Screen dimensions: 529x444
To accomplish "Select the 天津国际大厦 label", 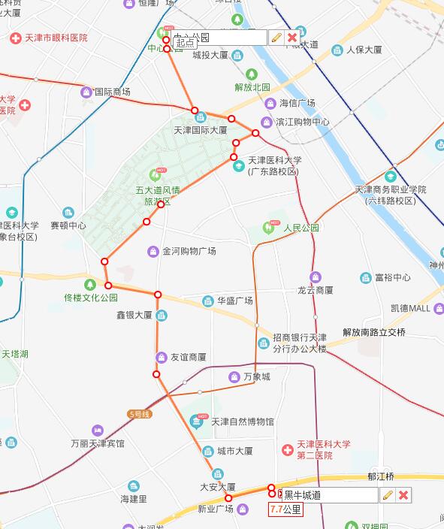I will point(200,130).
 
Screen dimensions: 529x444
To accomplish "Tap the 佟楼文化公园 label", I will point(92,297).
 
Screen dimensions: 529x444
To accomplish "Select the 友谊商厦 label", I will point(188,357).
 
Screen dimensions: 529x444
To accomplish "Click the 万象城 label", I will point(256,376).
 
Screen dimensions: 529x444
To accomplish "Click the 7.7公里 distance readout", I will point(285,509).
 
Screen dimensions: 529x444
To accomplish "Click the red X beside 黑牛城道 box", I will point(403,494).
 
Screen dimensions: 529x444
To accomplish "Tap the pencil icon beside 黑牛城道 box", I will point(387,494).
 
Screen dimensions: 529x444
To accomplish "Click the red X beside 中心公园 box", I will point(291,37).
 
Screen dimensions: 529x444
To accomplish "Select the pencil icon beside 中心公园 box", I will point(276,37).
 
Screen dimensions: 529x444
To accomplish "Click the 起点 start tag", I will point(186,44).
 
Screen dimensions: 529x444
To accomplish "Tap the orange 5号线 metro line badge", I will point(140,413).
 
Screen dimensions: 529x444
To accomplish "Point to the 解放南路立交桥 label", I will point(373,332).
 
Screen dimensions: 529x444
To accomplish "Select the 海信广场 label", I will point(297,103).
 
